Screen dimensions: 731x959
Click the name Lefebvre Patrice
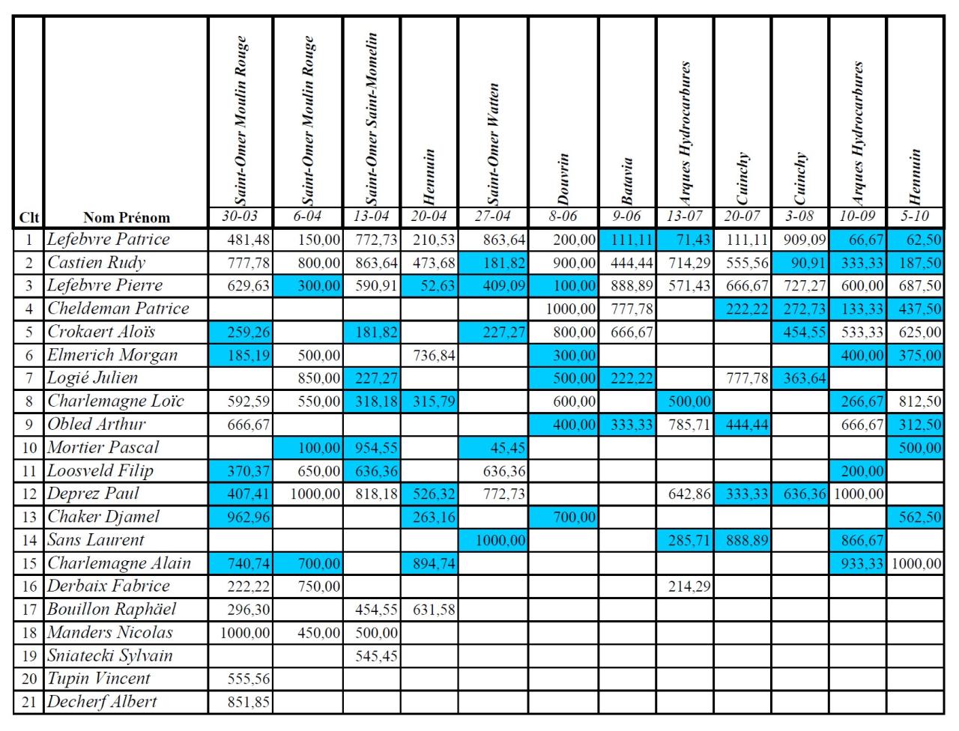click(x=109, y=240)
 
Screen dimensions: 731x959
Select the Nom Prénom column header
click(x=127, y=218)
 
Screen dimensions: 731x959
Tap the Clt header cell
click(x=29, y=218)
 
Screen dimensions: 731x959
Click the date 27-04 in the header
click(x=492, y=216)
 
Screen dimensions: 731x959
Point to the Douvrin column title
click(x=563, y=179)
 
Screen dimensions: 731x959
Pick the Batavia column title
click(x=628, y=181)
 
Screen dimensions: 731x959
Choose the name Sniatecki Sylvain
click(x=110, y=655)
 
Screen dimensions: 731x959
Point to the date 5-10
click(x=915, y=216)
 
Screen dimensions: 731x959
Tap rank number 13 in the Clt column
click(x=29, y=517)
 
